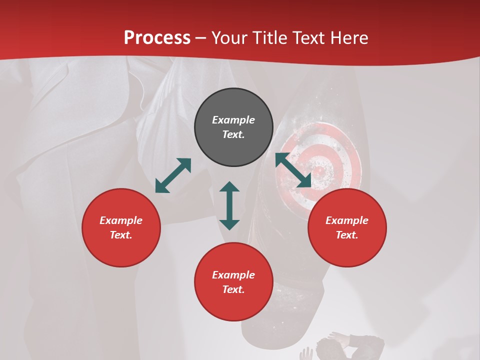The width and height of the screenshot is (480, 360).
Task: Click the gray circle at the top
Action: click(x=233, y=127)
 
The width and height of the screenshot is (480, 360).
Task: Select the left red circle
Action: click(x=121, y=227)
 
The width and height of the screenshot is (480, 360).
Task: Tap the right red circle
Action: click(x=347, y=227)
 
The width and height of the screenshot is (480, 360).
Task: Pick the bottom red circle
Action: click(x=233, y=282)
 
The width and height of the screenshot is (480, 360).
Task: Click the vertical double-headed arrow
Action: click(x=229, y=205)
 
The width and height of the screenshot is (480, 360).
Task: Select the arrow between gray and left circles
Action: click(x=173, y=175)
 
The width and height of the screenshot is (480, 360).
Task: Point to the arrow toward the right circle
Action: click(x=293, y=170)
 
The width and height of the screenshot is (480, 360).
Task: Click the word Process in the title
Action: click(x=157, y=38)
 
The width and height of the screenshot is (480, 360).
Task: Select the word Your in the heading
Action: click(x=230, y=38)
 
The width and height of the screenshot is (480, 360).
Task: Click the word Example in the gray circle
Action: click(x=233, y=120)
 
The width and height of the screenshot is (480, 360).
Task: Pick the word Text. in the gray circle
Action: click(x=233, y=134)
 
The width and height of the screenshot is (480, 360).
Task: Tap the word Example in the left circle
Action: click(x=121, y=220)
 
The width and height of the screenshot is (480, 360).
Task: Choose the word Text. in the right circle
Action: click(x=347, y=235)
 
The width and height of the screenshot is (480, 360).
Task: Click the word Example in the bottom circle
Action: click(x=233, y=275)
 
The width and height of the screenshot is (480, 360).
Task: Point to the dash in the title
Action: click(x=201, y=38)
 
